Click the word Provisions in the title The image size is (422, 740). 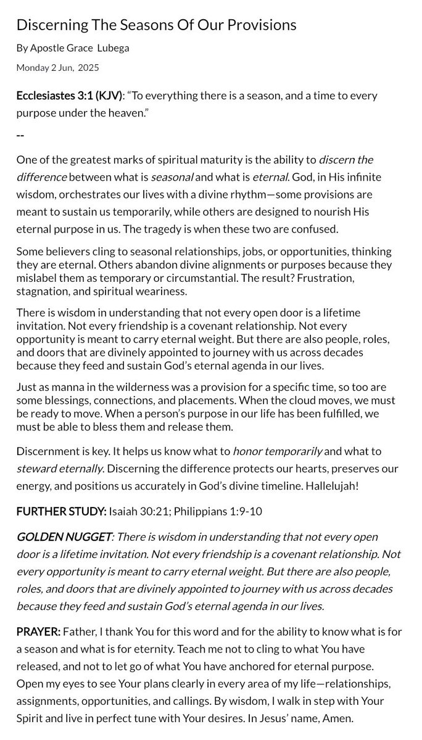260,25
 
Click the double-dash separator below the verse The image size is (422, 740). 20,133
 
